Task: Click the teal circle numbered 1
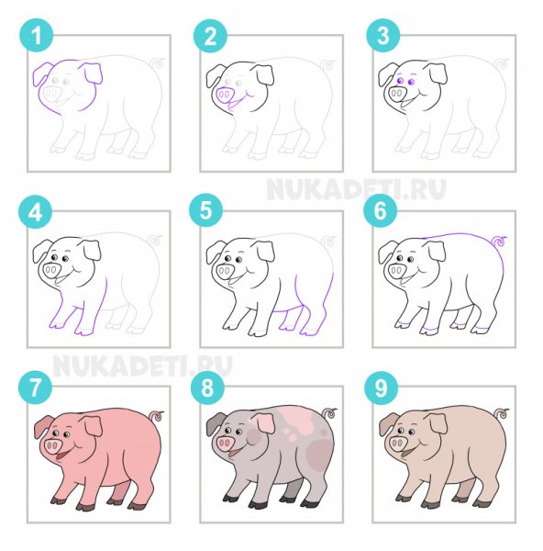[37, 36]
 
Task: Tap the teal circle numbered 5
[206, 211]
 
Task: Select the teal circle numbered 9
[381, 388]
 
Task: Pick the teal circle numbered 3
[383, 36]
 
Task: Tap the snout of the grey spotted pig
[225, 444]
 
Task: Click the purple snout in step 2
[225, 95]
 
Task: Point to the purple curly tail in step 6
[500, 241]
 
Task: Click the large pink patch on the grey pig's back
[294, 418]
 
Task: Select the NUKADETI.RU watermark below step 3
[356, 189]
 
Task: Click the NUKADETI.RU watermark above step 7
[142, 365]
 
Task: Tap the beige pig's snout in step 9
[397, 444]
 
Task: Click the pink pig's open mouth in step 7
[61, 455]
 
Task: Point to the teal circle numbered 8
[207, 388]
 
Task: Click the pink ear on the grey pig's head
[265, 423]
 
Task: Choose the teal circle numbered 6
[380, 211]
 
